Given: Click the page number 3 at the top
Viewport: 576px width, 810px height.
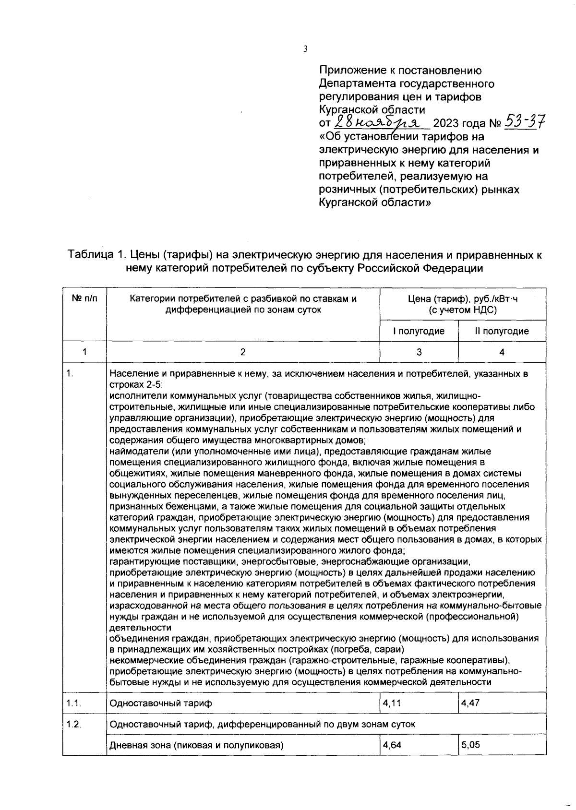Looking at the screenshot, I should (305, 49).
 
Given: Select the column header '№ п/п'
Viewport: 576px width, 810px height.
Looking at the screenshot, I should (84, 299).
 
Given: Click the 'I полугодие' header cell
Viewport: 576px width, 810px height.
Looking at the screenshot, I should (419, 331).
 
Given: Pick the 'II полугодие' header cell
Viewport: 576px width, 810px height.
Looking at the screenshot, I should (502, 331).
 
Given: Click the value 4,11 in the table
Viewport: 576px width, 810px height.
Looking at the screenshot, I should (392, 703).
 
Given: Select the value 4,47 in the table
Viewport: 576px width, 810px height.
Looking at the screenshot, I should (470, 703).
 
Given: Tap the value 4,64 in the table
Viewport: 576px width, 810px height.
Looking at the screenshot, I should (392, 745).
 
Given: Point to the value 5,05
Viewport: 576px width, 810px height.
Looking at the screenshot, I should (470, 745).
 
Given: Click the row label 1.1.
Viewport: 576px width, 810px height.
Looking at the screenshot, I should (73, 703).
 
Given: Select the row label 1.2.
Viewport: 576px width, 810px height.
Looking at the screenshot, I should (73, 724).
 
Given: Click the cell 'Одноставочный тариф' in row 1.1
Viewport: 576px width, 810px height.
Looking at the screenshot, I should (161, 703).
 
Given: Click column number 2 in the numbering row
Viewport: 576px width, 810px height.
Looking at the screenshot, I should (243, 352).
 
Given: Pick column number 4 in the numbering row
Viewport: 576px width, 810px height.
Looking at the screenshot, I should (502, 352).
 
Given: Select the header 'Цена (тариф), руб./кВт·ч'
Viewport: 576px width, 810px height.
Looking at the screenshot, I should (463, 299).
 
